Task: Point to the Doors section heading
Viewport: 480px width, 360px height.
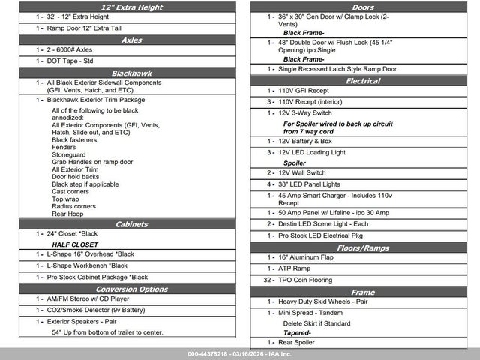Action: coord(363,6)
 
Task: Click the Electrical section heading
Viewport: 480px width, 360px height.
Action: coord(363,80)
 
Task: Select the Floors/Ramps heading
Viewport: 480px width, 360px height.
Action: coord(363,247)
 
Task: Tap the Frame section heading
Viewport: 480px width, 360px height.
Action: coord(363,292)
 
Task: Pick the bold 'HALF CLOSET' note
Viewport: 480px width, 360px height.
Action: coord(75,244)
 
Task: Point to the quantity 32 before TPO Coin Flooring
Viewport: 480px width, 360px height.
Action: coord(268,280)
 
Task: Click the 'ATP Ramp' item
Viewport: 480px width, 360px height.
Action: coord(294,268)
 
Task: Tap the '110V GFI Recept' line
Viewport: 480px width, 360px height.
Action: coord(304,91)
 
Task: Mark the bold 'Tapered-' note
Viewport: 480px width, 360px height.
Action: coord(297,332)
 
